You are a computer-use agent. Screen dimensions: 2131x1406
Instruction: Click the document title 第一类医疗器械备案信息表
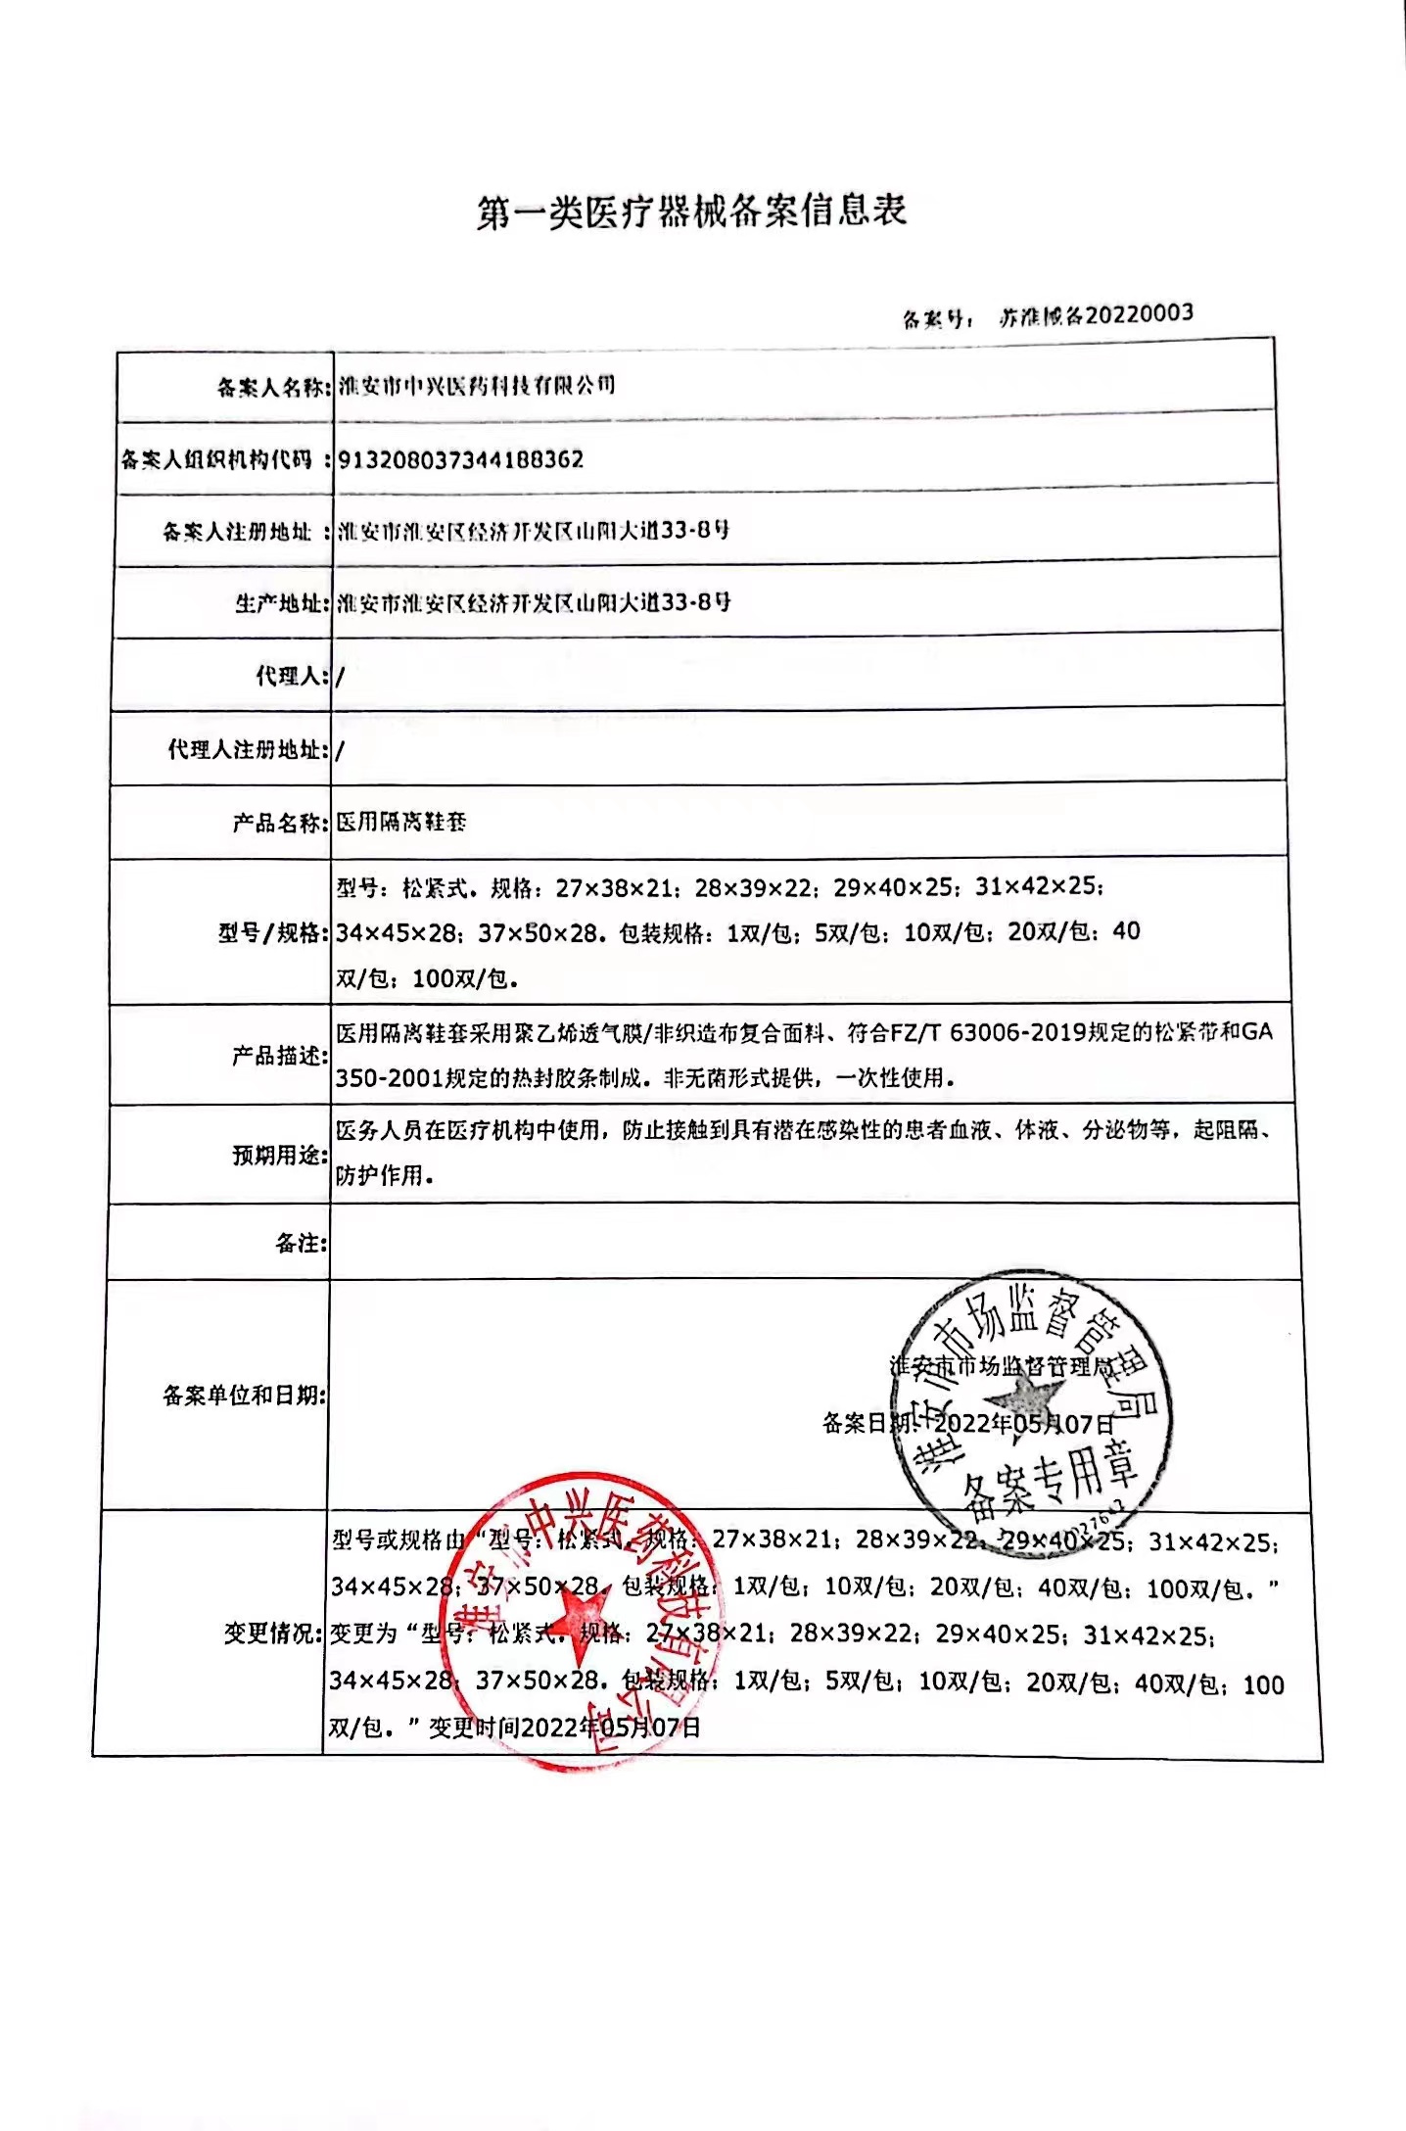[692, 211]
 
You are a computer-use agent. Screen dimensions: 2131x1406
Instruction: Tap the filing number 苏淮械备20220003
[1096, 314]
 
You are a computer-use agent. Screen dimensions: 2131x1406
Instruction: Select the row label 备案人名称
[270, 388]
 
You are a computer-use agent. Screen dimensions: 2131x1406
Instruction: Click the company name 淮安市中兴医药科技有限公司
[477, 385]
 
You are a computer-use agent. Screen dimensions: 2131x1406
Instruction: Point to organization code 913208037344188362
[460, 459]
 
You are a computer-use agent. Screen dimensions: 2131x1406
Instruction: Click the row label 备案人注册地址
[240, 532]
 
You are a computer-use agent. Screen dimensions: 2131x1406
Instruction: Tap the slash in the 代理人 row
[340, 677]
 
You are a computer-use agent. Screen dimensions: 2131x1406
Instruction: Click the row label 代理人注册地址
[246, 750]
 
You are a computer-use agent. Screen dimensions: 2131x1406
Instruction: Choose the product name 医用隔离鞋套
[401, 823]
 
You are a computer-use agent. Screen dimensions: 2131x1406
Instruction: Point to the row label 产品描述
[277, 1056]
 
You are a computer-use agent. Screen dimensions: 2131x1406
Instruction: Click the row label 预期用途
[277, 1156]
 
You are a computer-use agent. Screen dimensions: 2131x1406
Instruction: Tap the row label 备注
[300, 1244]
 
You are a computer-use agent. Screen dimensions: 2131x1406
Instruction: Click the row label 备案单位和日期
[243, 1396]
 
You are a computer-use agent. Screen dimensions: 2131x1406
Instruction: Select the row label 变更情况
[271, 1634]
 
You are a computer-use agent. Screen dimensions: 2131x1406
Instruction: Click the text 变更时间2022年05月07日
[565, 1727]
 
